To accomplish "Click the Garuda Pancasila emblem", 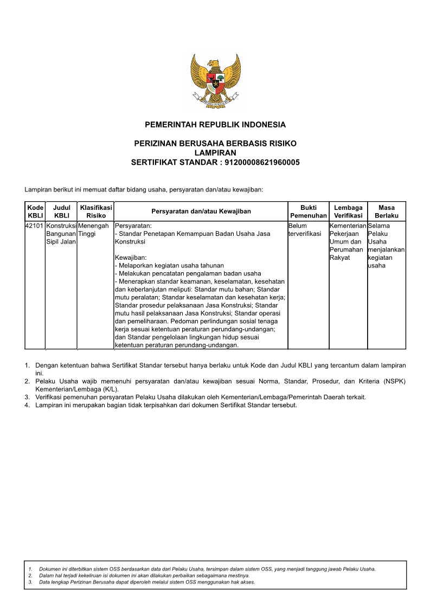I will tap(215, 80).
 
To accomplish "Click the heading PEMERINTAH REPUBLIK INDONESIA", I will tap(215, 125).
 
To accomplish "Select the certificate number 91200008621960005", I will tap(262, 162).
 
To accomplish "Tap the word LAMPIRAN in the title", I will tap(215, 153).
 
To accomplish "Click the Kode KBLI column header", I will tap(35, 211).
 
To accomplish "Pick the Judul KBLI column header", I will tap(62, 211).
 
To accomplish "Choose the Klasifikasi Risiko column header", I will tap(96, 211).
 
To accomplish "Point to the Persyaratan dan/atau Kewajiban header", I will tap(201, 211).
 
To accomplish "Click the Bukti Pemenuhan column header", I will tap(308, 211).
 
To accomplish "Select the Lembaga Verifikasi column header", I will tap(348, 211).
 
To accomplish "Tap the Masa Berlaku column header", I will tap(386, 211).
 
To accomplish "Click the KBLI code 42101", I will tap(35, 226).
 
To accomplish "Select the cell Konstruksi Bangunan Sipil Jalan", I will tap(61, 234).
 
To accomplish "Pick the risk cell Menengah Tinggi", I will tap(93, 229).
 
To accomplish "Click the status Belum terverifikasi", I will tap(305, 229).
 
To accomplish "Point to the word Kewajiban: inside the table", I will tap(131, 258).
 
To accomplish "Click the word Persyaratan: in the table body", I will tap(133, 226).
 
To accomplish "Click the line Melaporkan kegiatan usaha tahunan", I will tap(169, 266).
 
